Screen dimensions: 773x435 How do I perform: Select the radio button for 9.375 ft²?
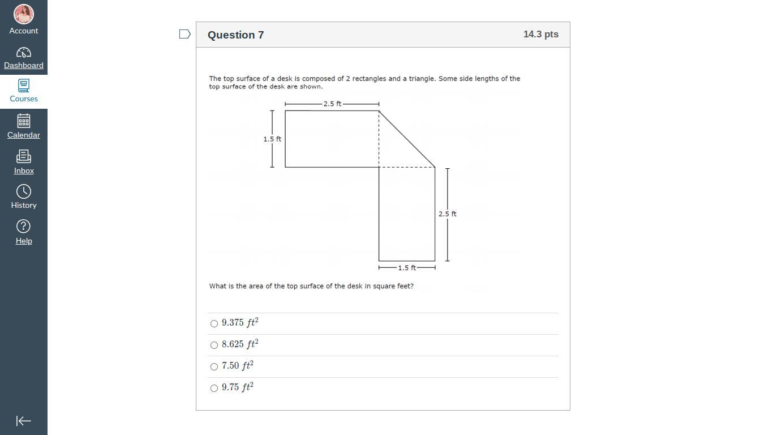pyautogui.click(x=214, y=323)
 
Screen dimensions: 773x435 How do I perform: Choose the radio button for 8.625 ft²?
pyautogui.click(x=214, y=345)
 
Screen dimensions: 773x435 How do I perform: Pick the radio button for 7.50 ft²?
pyautogui.click(x=214, y=366)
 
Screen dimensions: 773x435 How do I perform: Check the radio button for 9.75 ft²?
pyautogui.click(x=214, y=388)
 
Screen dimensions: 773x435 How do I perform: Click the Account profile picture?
pyautogui.click(x=23, y=14)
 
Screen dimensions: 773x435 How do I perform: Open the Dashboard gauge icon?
pyautogui.click(x=23, y=53)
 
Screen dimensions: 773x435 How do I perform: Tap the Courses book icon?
pyautogui.click(x=23, y=86)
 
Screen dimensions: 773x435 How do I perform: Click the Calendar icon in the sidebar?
pyautogui.click(x=23, y=121)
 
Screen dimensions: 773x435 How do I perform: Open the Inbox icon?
pyautogui.click(x=23, y=156)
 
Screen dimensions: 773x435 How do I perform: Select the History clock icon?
pyautogui.click(x=23, y=191)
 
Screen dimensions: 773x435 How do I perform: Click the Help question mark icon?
pyautogui.click(x=23, y=227)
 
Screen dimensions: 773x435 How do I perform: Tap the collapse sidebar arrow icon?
pyautogui.click(x=23, y=421)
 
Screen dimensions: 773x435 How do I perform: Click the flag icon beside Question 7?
pyautogui.click(x=185, y=34)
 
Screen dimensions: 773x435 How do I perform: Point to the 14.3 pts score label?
pyautogui.click(x=541, y=34)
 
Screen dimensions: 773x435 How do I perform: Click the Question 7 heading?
pyautogui.click(x=236, y=35)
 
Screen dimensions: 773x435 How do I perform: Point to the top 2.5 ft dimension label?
pyautogui.click(x=332, y=104)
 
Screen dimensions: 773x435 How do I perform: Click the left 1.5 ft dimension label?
pyautogui.click(x=272, y=139)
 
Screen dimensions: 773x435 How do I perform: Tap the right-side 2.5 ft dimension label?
pyautogui.click(x=447, y=214)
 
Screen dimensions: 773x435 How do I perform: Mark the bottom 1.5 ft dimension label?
pyautogui.click(x=407, y=268)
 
